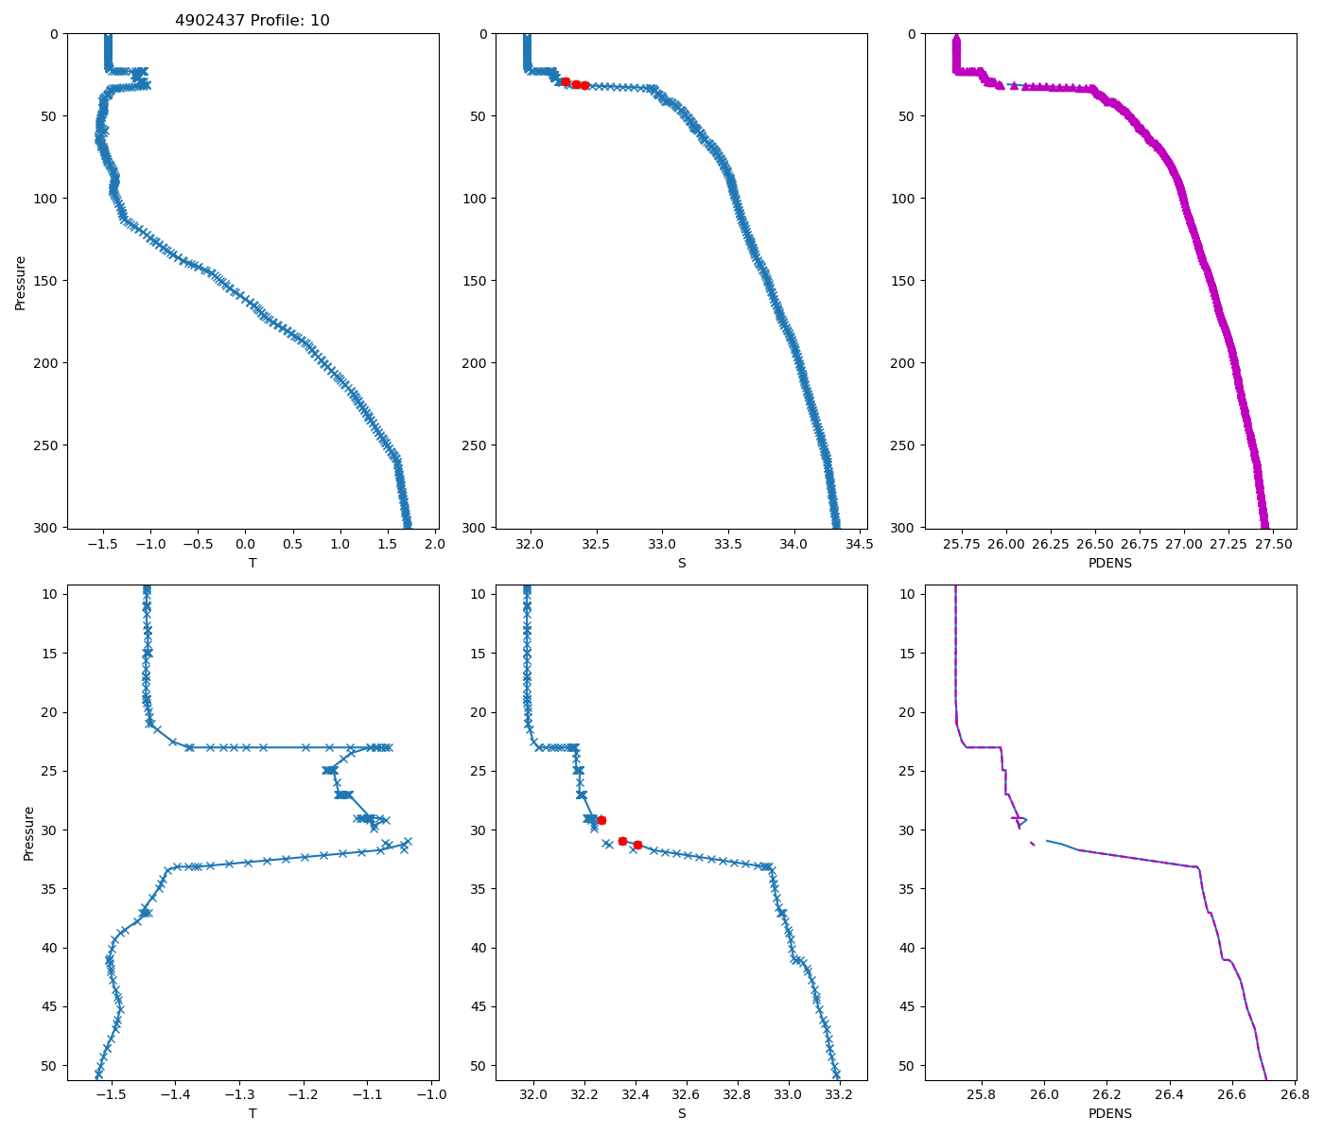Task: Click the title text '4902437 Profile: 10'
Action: click(x=253, y=21)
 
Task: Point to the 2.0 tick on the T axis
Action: click(x=435, y=544)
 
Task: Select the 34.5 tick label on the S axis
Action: click(x=858, y=544)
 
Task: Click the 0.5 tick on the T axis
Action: click(x=293, y=544)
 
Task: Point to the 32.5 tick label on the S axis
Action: click(x=596, y=544)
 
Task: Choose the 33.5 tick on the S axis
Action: click(x=726, y=544)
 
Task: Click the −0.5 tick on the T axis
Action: click(x=198, y=544)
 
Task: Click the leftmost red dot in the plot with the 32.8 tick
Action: click(x=601, y=820)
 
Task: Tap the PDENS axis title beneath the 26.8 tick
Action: click(x=1110, y=1113)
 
